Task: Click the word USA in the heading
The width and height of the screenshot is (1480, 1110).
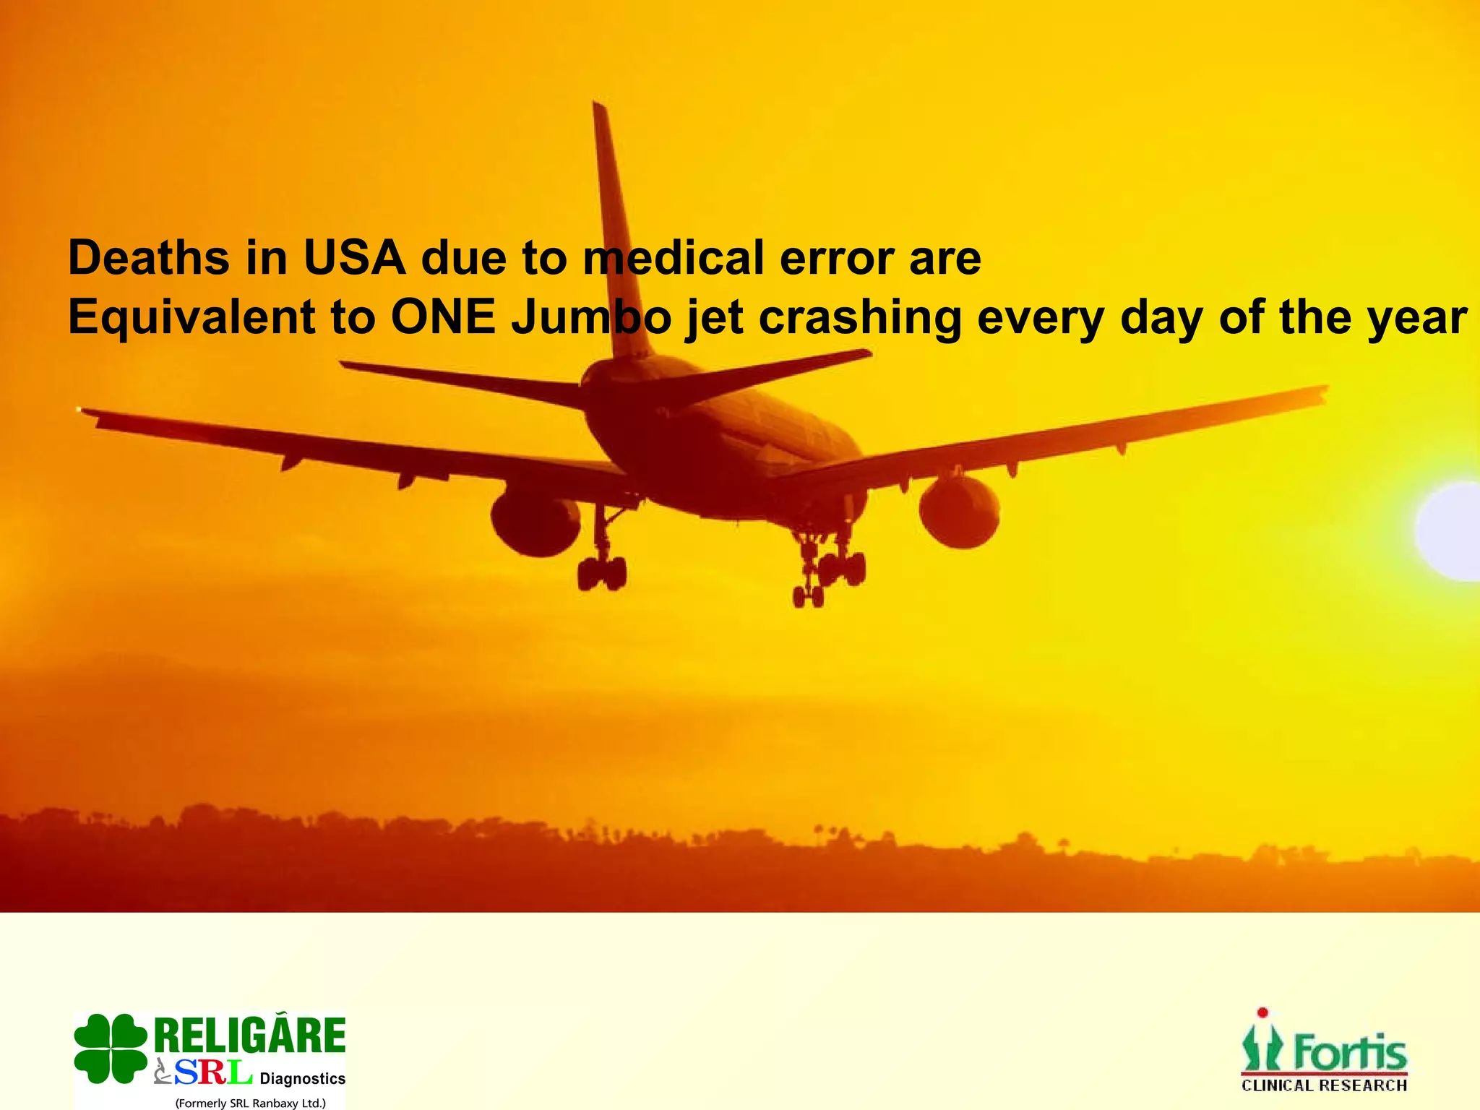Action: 354,258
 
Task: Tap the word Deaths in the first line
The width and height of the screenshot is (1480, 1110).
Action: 148,258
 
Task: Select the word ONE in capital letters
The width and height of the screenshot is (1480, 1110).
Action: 442,317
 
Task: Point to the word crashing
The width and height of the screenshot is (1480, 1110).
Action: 860,319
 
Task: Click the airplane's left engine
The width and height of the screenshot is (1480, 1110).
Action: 535,522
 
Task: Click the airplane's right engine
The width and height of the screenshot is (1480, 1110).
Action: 960,510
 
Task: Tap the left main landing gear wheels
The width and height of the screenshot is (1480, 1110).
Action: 601,572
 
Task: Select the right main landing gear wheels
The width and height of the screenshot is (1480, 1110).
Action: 831,575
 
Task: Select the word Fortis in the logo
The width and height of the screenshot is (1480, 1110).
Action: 1350,1054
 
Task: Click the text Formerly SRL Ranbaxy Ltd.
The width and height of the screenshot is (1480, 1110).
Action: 250,1103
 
